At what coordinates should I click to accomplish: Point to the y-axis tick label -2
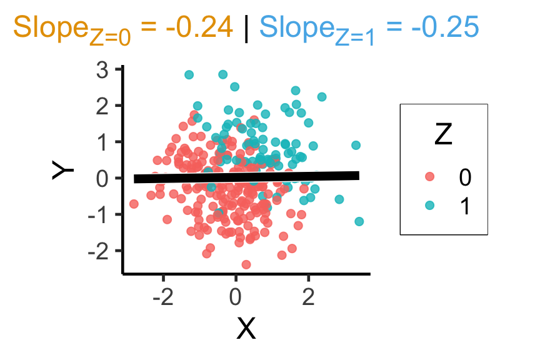100,251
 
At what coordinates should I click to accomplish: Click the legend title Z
443,135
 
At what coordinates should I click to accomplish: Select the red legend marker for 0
429,177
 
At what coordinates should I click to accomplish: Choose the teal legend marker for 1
429,206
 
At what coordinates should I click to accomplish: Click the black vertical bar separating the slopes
246,28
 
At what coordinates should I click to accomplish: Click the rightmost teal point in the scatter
359,221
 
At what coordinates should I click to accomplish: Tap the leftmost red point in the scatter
134,204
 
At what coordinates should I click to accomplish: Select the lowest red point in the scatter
246,264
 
